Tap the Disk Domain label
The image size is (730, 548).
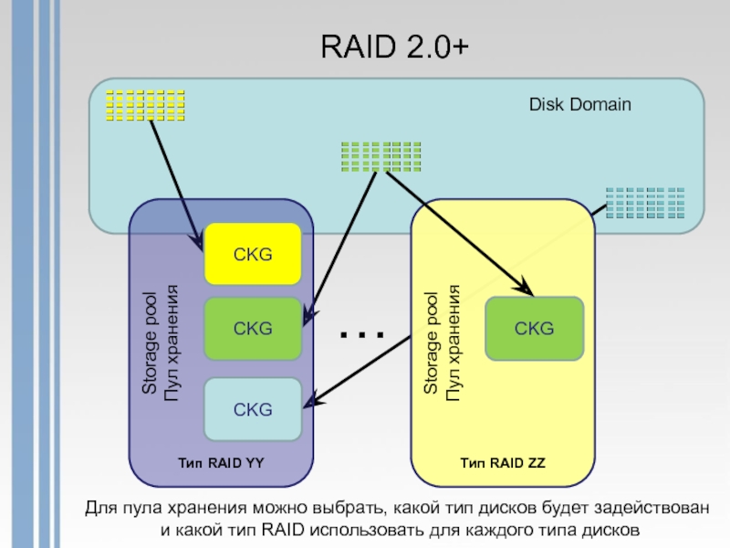(x=579, y=105)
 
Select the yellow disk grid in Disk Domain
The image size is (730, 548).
(x=145, y=105)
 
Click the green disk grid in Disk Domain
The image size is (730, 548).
(x=381, y=156)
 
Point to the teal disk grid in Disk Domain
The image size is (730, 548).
(x=645, y=202)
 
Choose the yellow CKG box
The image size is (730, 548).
(x=252, y=254)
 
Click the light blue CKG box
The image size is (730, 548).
(x=252, y=409)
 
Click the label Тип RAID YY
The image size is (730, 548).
(x=221, y=463)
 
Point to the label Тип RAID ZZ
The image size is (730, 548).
(x=503, y=463)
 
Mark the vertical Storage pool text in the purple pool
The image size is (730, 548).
(x=160, y=342)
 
